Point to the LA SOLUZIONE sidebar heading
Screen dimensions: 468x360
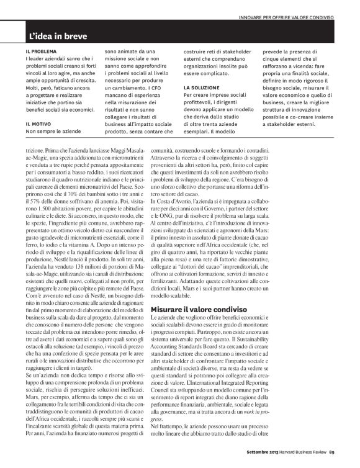coord(202,88)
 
